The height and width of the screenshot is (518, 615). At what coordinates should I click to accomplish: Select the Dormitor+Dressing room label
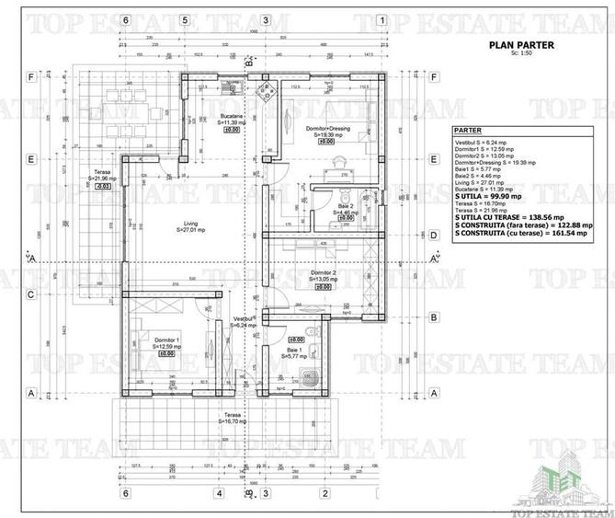(326, 131)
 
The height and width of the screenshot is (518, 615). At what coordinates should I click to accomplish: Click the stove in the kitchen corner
(268, 91)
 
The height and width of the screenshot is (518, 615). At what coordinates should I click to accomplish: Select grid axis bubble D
(433, 235)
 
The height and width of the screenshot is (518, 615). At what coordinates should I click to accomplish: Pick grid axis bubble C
(31, 294)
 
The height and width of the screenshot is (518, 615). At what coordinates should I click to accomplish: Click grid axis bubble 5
(185, 19)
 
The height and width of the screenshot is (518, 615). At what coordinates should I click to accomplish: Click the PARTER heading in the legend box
(468, 132)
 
